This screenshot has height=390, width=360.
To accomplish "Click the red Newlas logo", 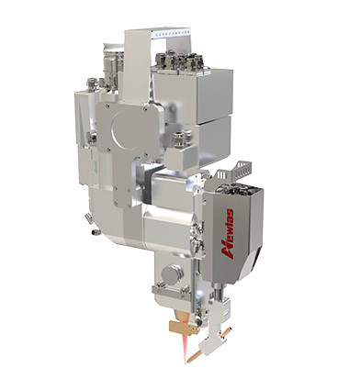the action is tap(228, 234).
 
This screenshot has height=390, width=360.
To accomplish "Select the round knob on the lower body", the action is tap(173, 273).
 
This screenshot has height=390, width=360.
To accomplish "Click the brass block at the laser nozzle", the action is tap(183, 327).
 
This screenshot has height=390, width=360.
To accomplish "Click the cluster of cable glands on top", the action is tap(179, 61).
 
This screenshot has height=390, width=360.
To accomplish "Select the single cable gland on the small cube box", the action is tap(183, 139).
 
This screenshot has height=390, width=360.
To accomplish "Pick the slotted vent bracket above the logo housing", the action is tap(235, 173).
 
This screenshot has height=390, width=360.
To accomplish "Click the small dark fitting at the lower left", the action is tap(96, 232).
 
